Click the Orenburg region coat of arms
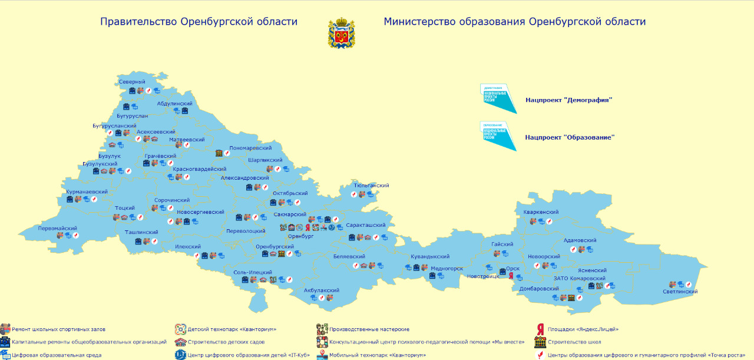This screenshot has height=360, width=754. tap(341, 33)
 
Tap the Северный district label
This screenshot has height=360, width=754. tap(131, 82)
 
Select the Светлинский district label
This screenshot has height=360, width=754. tap(680, 292)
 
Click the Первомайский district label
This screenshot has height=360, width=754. tap(58, 228)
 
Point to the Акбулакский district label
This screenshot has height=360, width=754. tap(321, 290)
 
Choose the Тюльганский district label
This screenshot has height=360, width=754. tap(371, 186)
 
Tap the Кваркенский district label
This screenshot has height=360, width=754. tap(541, 212)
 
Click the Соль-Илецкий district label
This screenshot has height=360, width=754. tap(253, 272)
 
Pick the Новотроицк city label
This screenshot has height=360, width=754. tap(482, 276)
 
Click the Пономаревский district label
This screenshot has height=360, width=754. tap(250, 148)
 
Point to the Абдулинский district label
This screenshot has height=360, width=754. tap(174, 103)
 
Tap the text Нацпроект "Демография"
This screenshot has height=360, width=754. tap(568, 100)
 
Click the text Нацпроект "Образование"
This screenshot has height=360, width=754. tap(570, 137)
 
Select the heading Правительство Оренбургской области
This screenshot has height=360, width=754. tap(199, 22)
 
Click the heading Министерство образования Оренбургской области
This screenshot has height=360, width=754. tap(514, 22)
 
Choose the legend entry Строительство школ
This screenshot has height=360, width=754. tap(574, 342)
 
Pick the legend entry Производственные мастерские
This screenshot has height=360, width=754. tap(369, 329)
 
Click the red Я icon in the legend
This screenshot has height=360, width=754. tap(540, 329)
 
